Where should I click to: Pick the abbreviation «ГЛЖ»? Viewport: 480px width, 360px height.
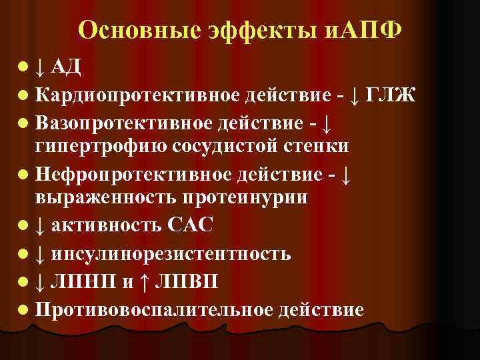(x=390, y=95)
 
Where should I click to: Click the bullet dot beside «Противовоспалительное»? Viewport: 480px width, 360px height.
(x=24, y=311)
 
